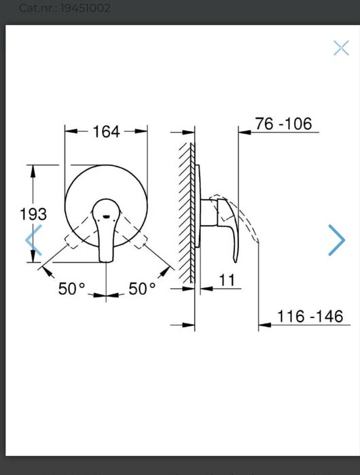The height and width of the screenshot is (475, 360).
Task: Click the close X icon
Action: click(341, 48)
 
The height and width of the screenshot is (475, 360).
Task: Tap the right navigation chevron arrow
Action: click(337, 240)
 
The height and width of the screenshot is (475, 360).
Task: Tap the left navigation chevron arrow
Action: click(33, 240)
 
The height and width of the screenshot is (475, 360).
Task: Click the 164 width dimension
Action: click(106, 131)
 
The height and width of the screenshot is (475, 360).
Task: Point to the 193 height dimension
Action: click(33, 214)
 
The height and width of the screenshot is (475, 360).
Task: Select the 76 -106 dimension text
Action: click(283, 124)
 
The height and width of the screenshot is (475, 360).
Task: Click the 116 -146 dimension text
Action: click(310, 316)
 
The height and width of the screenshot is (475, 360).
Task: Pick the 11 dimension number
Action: click(227, 280)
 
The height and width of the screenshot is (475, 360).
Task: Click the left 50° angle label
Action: click(72, 288)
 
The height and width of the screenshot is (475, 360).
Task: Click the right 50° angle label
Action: click(142, 288)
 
